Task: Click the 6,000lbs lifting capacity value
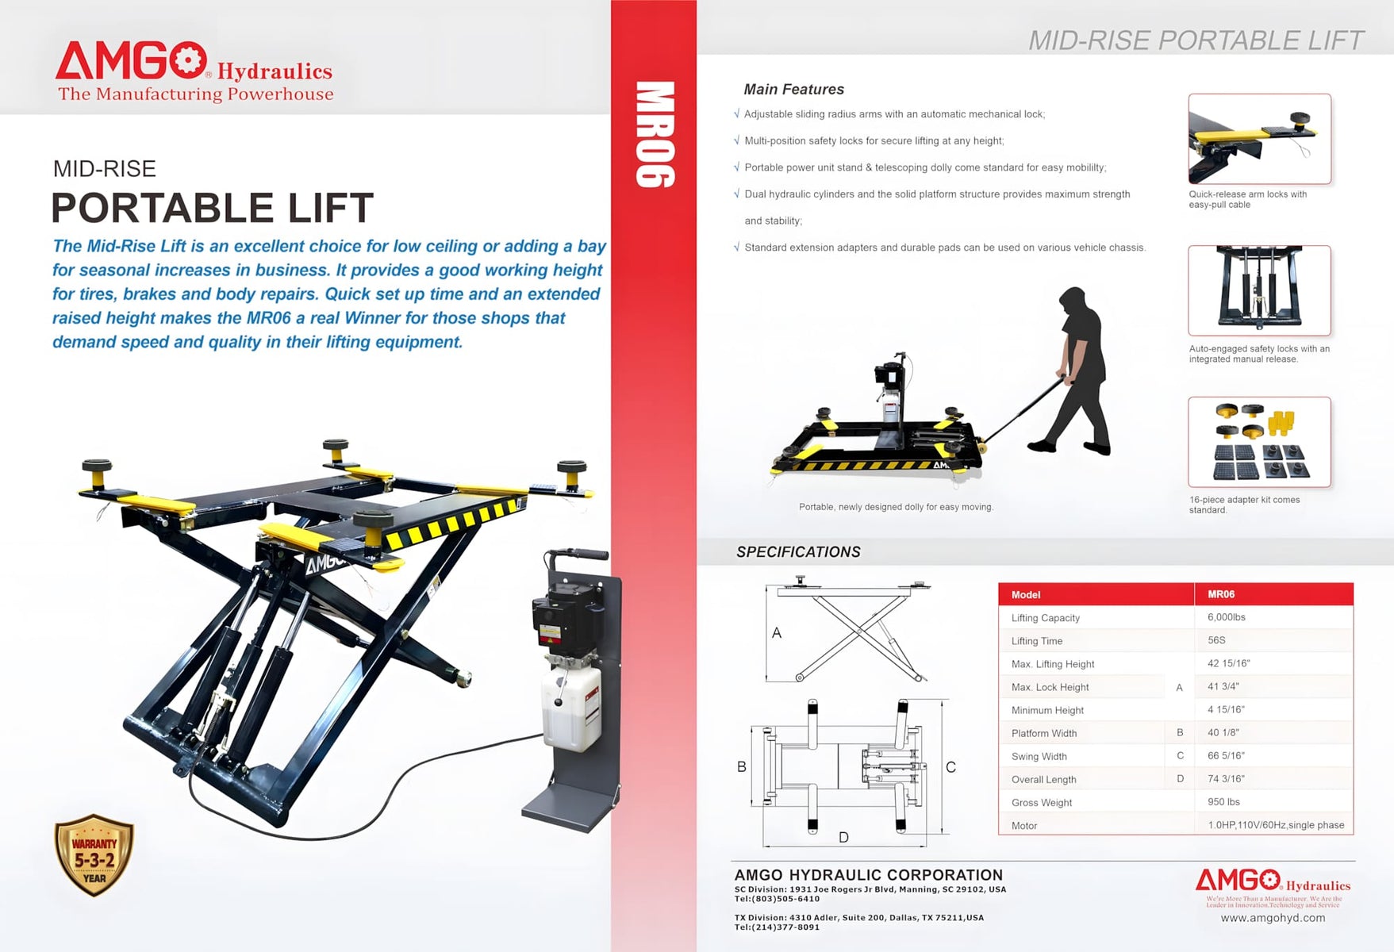pyautogui.click(x=1226, y=617)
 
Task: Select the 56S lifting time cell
pyautogui.click(x=1216, y=640)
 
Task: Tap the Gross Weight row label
pyautogui.click(x=1041, y=803)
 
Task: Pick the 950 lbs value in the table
pyautogui.click(x=1223, y=802)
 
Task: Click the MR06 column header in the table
pyautogui.click(x=1221, y=594)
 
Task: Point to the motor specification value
pyautogui.click(x=1276, y=825)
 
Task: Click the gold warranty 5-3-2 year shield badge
pyautogui.click(x=94, y=854)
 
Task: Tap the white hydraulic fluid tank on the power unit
pyautogui.click(x=570, y=708)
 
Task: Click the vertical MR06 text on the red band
pyautogui.click(x=655, y=135)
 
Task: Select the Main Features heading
pyautogui.click(x=793, y=90)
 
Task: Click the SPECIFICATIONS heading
pyautogui.click(x=798, y=552)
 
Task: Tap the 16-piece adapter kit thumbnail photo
pyautogui.click(x=1259, y=442)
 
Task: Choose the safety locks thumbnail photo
pyautogui.click(x=1259, y=290)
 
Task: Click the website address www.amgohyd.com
pyautogui.click(x=1273, y=918)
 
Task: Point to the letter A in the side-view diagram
pyautogui.click(x=777, y=633)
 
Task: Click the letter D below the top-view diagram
pyautogui.click(x=843, y=838)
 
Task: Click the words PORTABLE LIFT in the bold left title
pyautogui.click(x=213, y=209)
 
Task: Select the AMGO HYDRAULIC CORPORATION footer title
pyautogui.click(x=868, y=875)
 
